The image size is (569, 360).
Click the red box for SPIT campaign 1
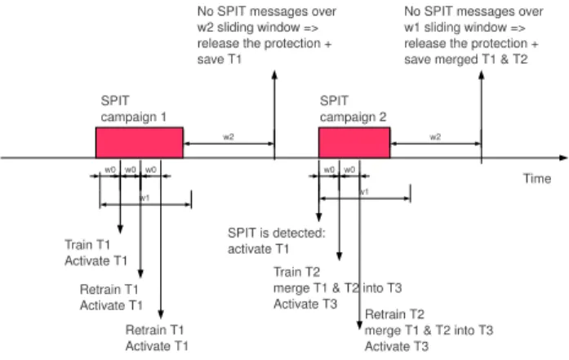pyautogui.click(x=140, y=143)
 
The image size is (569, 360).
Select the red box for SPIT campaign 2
pyautogui.click(x=354, y=143)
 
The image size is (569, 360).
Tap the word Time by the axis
pyautogui.click(x=536, y=179)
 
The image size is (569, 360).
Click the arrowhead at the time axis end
pyautogui.click(x=563, y=158)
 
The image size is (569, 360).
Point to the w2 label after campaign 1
pyautogui.click(x=229, y=137)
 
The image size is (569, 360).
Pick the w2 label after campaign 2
pyautogui.click(x=435, y=137)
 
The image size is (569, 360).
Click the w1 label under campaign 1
pyautogui.click(x=144, y=198)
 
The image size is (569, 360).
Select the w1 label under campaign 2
pyautogui.click(x=363, y=192)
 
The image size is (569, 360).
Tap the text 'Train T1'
pyautogui.click(x=87, y=245)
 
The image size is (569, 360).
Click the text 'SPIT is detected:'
pyautogui.click(x=277, y=233)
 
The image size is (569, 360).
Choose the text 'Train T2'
pyautogui.click(x=297, y=272)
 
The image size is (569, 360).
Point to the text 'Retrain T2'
pyautogui.click(x=394, y=314)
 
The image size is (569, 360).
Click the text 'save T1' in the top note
pyautogui.click(x=220, y=59)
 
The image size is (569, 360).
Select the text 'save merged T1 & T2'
pyautogui.click(x=466, y=59)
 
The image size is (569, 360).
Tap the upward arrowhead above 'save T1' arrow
pyautogui.click(x=274, y=74)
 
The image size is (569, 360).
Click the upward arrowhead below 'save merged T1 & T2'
pyautogui.click(x=482, y=74)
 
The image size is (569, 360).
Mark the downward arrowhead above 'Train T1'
pyautogui.click(x=120, y=229)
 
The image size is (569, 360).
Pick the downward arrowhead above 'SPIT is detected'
pyautogui.click(x=318, y=217)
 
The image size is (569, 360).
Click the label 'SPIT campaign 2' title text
pyautogui.click(x=353, y=109)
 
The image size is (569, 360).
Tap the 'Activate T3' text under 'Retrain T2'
pyautogui.click(x=397, y=346)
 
